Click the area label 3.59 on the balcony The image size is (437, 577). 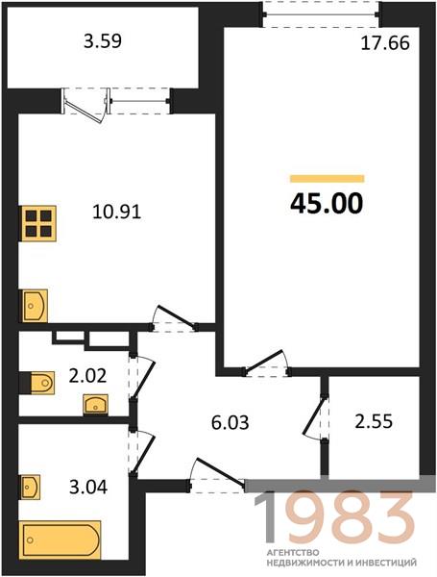[x=103, y=41]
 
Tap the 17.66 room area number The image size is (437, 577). [x=385, y=43]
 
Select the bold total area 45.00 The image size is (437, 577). [x=327, y=204]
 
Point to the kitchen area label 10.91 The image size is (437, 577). [x=117, y=212]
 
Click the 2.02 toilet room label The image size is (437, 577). [x=87, y=376]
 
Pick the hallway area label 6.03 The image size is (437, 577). [x=231, y=422]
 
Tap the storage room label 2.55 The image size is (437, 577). [x=374, y=421]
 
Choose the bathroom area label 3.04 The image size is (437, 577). [x=88, y=488]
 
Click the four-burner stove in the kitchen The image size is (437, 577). [x=38, y=223]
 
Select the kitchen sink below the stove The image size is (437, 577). [x=35, y=306]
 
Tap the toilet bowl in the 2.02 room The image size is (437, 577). [x=42, y=383]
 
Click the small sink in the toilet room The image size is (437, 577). [x=95, y=405]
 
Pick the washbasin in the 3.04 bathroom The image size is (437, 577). [x=31, y=487]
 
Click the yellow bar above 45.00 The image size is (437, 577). [x=328, y=179]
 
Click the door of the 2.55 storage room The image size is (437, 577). [x=317, y=416]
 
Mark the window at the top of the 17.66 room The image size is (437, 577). [x=322, y=14]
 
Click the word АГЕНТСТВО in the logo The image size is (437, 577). [x=293, y=552]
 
